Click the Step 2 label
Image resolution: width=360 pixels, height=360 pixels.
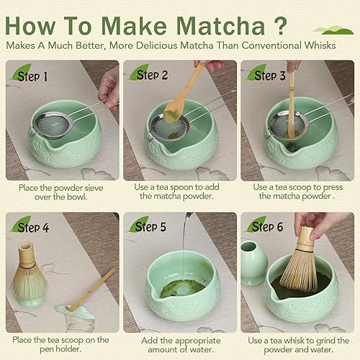pos(154,75)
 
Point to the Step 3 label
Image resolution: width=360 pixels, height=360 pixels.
pos(272,75)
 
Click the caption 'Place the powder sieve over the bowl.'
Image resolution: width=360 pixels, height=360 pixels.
pos(61,193)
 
